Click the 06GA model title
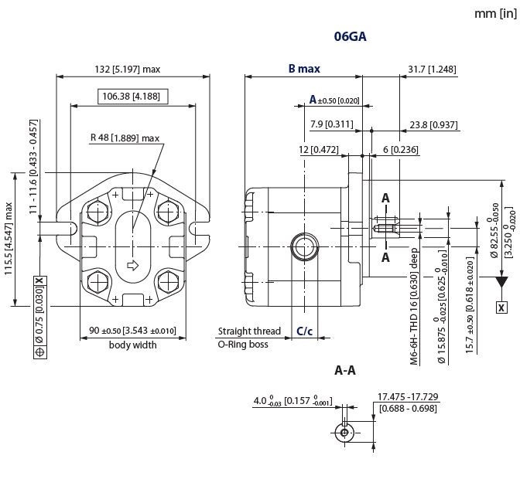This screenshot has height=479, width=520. pyautogui.click(x=350, y=36)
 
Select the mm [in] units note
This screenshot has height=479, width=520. pyautogui.click(x=495, y=14)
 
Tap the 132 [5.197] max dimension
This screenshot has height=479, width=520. pyautogui.click(x=128, y=70)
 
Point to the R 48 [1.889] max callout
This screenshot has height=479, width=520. pyautogui.click(x=125, y=138)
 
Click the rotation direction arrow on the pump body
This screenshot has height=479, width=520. pyautogui.click(x=132, y=265)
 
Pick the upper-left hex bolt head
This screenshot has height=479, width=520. pyautogui.click(x=98, y=211)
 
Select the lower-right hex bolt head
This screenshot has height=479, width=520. pyautogui.click(x=169, y=282)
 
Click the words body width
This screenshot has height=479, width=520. pyautogui.click(x=132, y=345)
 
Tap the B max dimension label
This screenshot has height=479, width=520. pyautogui.click(x=304, y=69)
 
